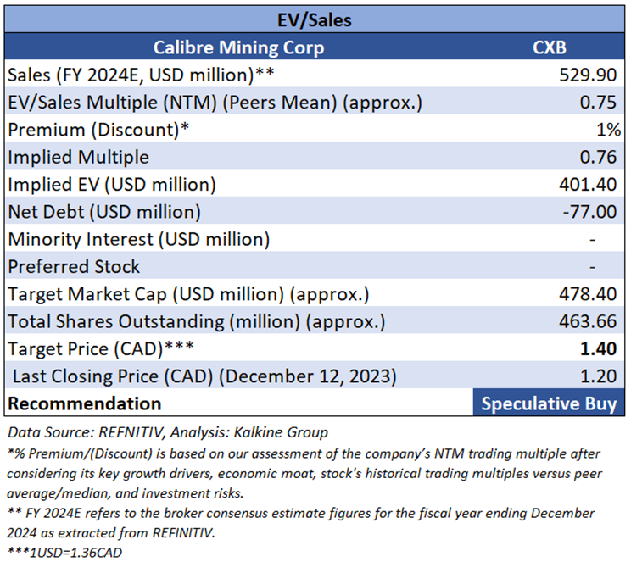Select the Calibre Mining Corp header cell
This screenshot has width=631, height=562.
click(238, 47)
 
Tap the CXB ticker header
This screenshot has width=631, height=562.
click(548, 47)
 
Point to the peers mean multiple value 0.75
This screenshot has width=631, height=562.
click(601, 103)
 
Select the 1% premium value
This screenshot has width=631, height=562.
click(609, 130)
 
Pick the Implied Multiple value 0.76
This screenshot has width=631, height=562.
click(601, 157)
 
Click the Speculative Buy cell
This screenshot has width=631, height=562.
click(548, 403)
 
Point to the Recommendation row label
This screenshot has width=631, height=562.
click(85, 403)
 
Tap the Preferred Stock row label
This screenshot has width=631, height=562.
click(75, 267)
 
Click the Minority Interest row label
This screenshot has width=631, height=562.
click(139, 239)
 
